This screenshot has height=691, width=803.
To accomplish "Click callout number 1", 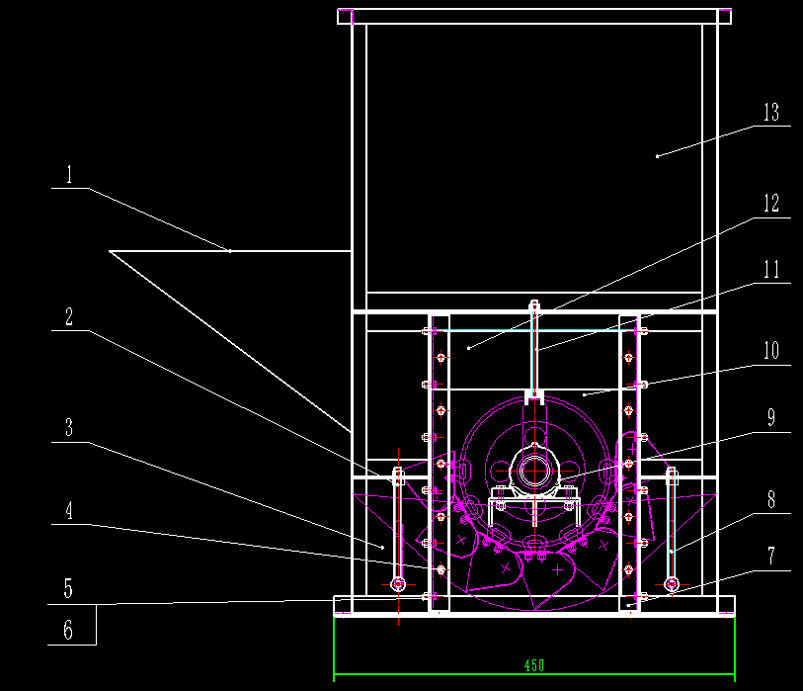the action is click(x=70, y=175).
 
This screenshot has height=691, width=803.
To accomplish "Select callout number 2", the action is click(x=70, y=316).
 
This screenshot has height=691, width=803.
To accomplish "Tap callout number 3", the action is click(x=70, y=427).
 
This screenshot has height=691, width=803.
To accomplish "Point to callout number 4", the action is click(x=70, y=510).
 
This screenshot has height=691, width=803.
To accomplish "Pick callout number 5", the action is click(x=68, y=589).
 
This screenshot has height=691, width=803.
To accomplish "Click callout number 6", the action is click(x=68, y=630).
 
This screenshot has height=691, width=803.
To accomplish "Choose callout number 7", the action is click(x=771, y=557).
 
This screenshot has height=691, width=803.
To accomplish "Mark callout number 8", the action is click(x=771, y=500).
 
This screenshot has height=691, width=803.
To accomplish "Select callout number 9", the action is click(x=771, y=418).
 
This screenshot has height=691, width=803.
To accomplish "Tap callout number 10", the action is click(x=771, y=351).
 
